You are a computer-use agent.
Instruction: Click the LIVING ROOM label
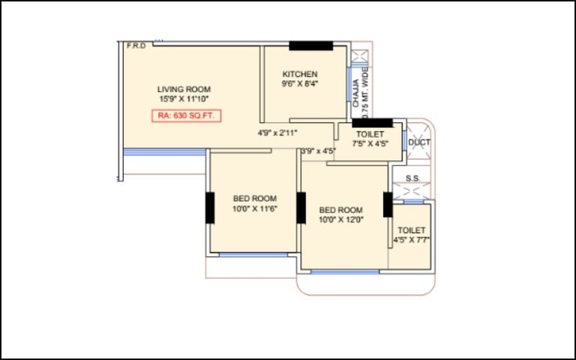[184, 89]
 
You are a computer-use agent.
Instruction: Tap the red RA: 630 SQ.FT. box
[187, 115]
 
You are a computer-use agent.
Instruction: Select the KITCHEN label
[300, 74]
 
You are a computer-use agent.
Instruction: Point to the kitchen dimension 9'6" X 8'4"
[300, 84]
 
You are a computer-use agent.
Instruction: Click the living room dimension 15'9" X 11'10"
[184, 99]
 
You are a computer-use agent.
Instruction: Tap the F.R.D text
[136, 46]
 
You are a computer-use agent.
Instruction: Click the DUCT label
[419, 142]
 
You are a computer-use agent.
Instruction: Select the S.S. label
[413, 178]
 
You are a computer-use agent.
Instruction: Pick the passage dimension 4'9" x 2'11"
[277, 133]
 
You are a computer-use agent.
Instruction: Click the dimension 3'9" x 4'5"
[319, 151]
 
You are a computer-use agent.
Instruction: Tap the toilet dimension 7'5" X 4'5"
[370, 144]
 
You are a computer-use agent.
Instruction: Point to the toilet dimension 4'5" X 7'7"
[412, 240]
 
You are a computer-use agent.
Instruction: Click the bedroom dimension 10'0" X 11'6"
[255, 208]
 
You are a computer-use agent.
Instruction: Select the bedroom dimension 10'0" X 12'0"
[341, 220]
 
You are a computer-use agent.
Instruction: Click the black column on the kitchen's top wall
[310, 46]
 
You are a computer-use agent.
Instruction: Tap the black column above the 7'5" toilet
[372, 123]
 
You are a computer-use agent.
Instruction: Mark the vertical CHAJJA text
[355, 93]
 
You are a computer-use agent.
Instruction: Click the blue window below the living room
[164, 152]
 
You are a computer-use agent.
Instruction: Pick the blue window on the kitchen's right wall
[349, 84]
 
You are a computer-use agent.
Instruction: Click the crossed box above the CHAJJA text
[359, 56]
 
